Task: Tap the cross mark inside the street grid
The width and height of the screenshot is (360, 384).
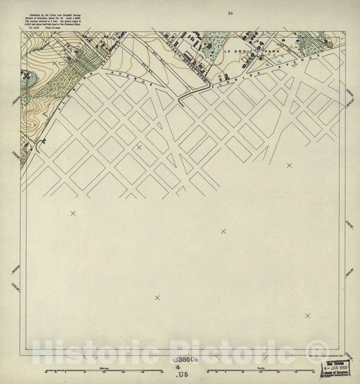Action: click(x=139, y=146)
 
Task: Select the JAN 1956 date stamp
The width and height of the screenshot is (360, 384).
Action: click(x=335, y=370)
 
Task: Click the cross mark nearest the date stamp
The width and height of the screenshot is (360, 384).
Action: click(x=307, y=316)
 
